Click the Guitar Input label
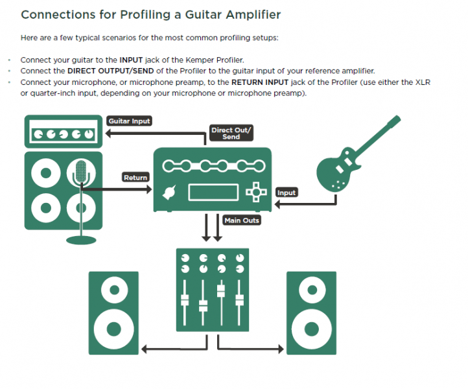(130, 121)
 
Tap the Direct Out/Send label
(231, 133)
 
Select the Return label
(135, 177)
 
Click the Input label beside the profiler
(287, 193)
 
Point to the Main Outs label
(242, 220)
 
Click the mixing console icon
(212, 288)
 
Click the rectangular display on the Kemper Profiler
(212, 193)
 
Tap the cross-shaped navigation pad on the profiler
(256, 192)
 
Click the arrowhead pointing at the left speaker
(145, 350)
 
